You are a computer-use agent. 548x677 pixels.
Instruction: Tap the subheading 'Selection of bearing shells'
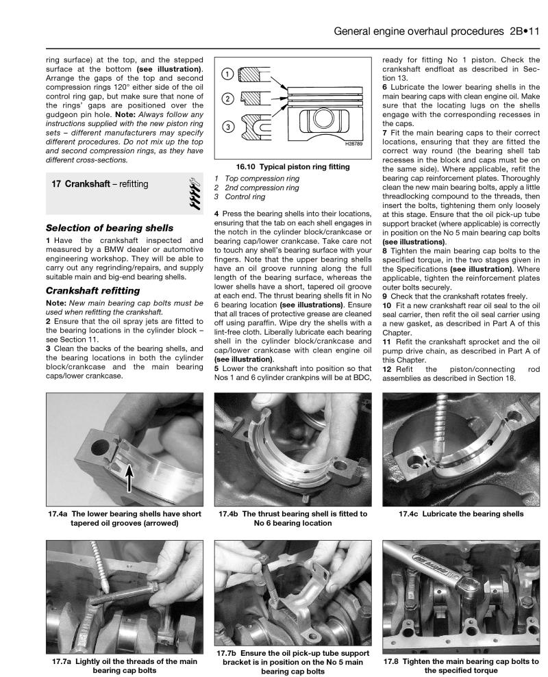[x=110, y=227]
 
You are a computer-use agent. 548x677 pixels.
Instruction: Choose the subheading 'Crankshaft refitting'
[x=94, y=290]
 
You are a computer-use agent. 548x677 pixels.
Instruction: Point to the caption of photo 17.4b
[x=292, y=518]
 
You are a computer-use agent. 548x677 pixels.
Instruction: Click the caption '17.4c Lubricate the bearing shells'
[x=461, y=513]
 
